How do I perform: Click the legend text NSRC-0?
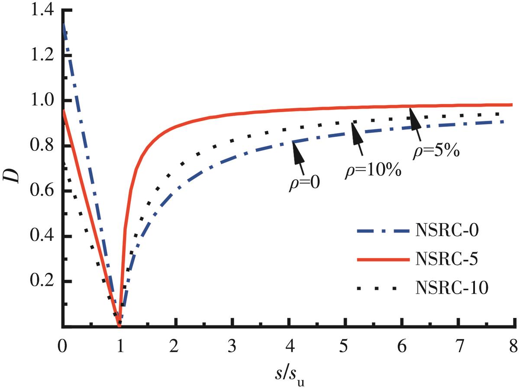click(x=446, y=231)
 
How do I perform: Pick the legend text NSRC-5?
click(x=446, y=259)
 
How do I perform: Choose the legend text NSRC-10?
click(x=452, y=287)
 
